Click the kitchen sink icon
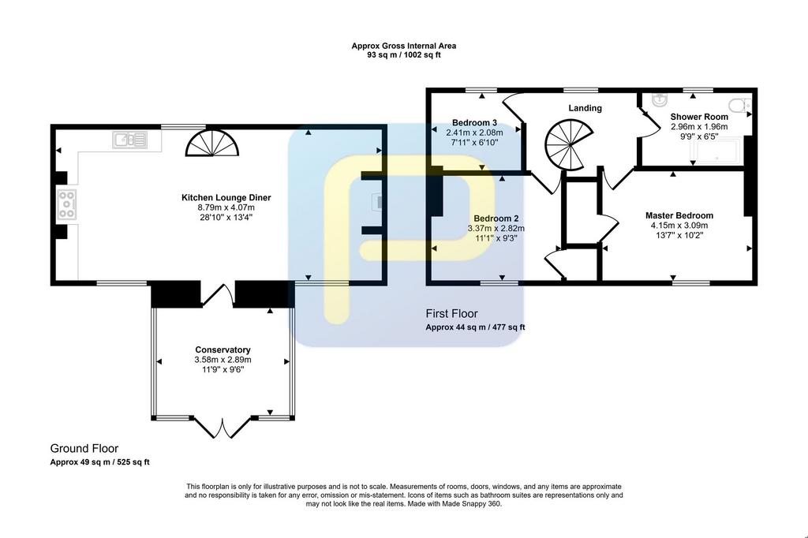pos(130,140)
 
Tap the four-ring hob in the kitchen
pos(67,204)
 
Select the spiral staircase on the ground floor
pos(212,143)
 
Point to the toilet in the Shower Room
pos(740,105)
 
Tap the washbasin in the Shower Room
pos(660,99)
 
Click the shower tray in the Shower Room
pos(718,151)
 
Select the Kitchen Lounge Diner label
pos(226,197)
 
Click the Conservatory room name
pos(223,350)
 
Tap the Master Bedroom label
pos(679,215)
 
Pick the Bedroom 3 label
pos(474,122)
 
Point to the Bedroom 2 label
pos(496,219)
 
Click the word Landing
pos(585,108)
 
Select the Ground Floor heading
pos(84,448)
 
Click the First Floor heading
pos(451,313)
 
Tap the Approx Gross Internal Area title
pos(403,45)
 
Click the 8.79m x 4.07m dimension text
pos(226,207)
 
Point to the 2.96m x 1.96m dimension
pos(699,126)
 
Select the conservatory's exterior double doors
pos(223,427)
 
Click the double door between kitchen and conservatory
pos(218,295)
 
